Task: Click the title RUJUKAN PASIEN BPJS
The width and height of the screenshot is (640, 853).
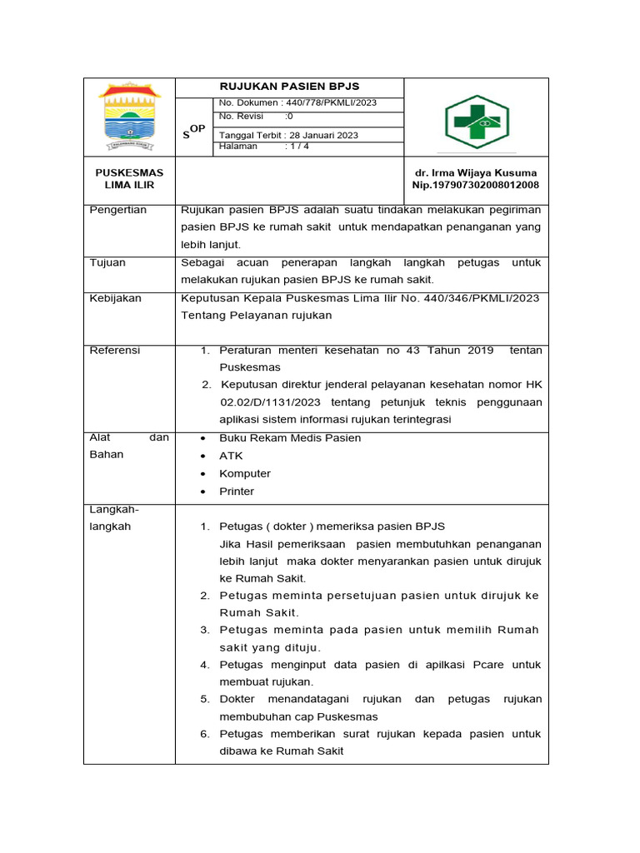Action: [x=289, y=87]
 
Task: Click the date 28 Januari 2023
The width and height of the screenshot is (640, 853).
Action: [x=324, y=135]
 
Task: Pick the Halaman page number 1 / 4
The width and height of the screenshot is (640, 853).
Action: [x=297, y=147]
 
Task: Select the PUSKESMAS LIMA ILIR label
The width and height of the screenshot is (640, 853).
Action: [x=129, y=178]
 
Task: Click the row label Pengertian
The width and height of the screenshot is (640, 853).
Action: [x=117, y=210]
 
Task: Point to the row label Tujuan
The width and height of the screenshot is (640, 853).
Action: [x=107, y=262]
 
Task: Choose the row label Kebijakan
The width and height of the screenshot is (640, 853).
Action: [x=115, y=298]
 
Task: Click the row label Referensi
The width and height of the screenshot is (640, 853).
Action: [x=115, y=351]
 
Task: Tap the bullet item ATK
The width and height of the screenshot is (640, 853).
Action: [x=231, y=456]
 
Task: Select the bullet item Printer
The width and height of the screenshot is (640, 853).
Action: [x=237, y=491]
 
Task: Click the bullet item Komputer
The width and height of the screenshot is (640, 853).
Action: [x=244, y=474]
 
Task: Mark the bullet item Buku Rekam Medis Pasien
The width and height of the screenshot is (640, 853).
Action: [x=290, y=438]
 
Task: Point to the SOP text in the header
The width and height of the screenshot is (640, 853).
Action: [x=193, y=132]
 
